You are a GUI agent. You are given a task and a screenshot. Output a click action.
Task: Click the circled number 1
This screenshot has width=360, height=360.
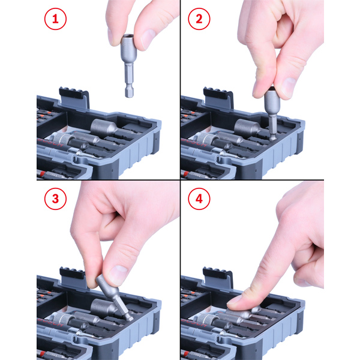(x=55, y=19)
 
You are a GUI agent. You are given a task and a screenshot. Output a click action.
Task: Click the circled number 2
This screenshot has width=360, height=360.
(x=199, y=19)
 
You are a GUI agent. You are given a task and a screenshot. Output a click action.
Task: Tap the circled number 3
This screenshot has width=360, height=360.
(x=55, y=199)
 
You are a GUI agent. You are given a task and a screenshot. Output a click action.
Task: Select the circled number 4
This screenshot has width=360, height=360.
(x=199, y=199)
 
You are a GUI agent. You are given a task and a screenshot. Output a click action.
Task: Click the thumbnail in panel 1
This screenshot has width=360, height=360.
(x=148, y=39)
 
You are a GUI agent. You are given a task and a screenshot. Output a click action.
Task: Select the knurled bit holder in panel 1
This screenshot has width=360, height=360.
(x=62, y=139)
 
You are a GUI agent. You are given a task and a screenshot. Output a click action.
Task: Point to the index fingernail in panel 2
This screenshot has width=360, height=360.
(x=289, y=87)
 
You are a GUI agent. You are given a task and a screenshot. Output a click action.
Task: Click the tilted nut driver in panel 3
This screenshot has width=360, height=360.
(x=114, y=298)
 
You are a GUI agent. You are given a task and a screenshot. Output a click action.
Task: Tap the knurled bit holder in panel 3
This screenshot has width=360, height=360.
(x=62, y=319)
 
